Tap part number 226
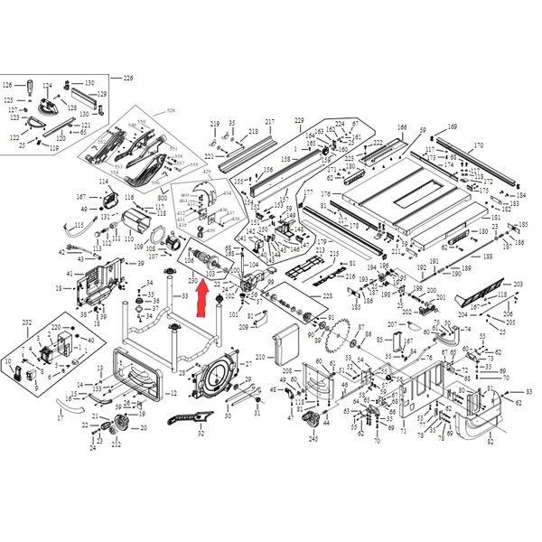pos(127,79)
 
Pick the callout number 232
pos(27,322)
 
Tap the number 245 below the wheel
pos(313,438)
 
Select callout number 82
pos(490,442)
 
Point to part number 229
pos(299,120)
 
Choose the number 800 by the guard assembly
pos(163,197)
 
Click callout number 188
pos(487,257)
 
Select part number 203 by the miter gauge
pos(519,285)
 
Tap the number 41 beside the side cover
pos(70,273)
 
